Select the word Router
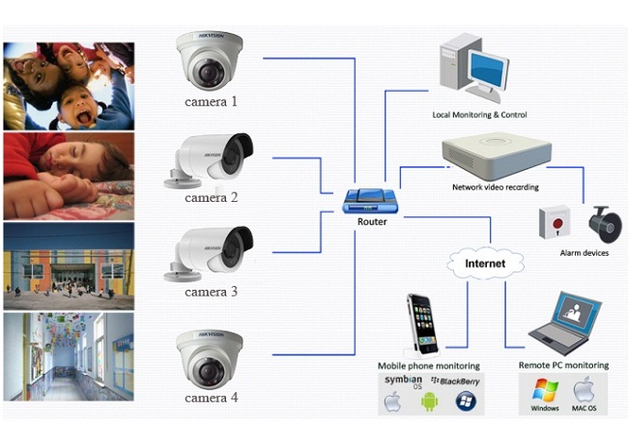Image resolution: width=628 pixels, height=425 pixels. [x=371, y=221]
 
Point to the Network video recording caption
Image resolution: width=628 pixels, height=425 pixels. [x=496, y=186]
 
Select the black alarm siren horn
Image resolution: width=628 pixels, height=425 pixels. [x=605, y=225]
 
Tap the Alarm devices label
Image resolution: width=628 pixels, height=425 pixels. [x=585, y=253]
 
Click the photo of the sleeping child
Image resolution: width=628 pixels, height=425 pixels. [x=67, y=176]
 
